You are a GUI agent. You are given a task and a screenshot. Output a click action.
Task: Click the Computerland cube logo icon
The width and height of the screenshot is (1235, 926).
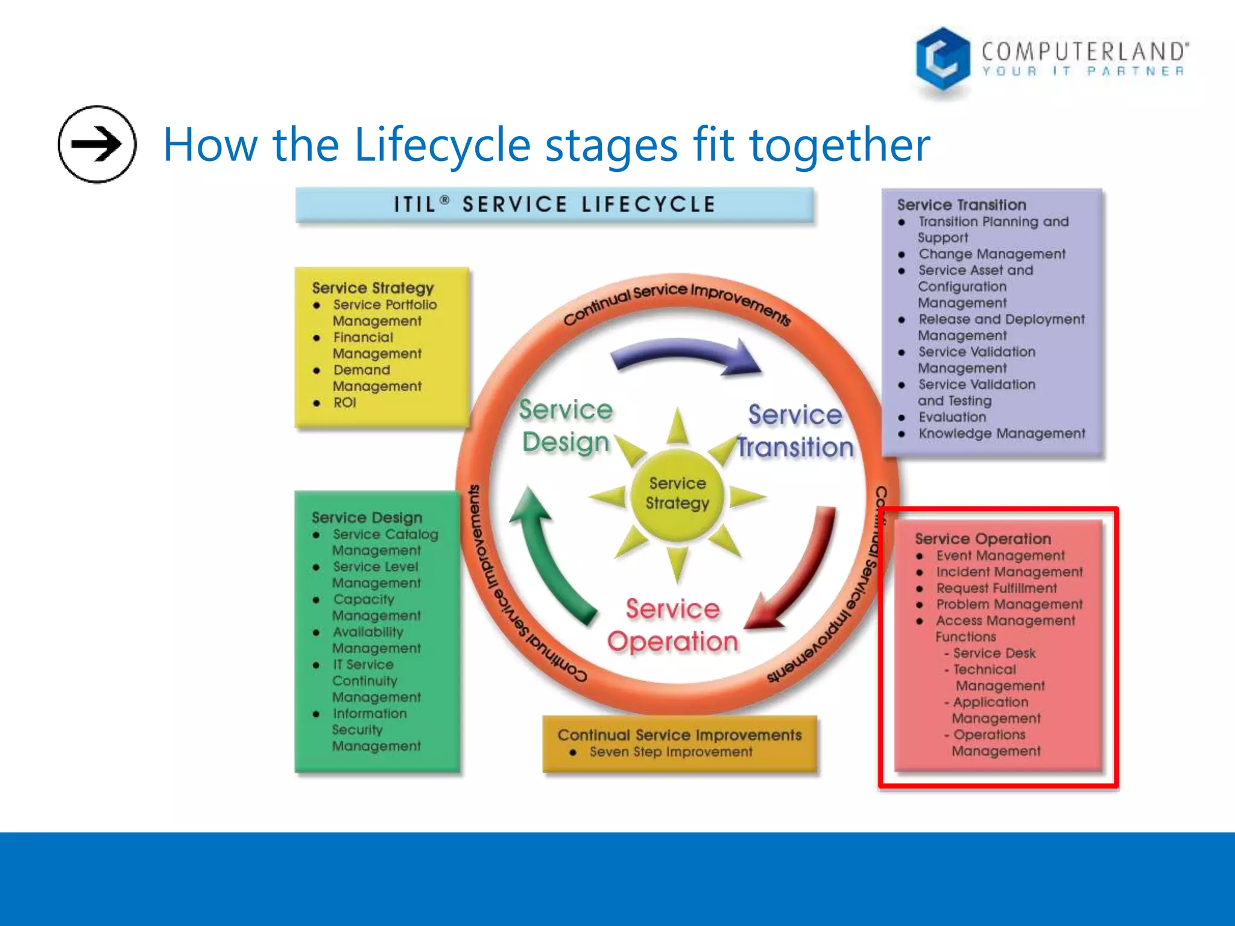click(942, 59)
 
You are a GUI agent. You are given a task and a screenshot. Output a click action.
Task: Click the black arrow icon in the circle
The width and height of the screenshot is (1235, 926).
click(96, 144)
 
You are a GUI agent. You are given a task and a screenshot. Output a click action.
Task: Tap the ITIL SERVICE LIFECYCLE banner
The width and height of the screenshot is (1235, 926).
click(554, 204)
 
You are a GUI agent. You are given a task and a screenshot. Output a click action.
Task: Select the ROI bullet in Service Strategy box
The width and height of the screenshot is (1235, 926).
click(344, 403)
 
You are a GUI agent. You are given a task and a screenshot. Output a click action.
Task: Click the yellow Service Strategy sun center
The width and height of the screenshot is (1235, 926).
click(677, 493)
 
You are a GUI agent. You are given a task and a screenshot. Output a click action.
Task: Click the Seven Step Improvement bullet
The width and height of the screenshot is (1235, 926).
click(671, 752)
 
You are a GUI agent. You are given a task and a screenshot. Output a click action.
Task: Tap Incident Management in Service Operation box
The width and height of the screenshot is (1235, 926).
click(1009, 572)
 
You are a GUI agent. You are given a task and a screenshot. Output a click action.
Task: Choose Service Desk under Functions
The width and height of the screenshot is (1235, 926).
click(994, 653)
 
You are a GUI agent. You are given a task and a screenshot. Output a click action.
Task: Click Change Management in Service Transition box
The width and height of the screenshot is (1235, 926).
click(991, 254)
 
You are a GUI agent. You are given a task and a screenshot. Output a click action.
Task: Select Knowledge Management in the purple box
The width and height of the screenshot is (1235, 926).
click(1001, 433)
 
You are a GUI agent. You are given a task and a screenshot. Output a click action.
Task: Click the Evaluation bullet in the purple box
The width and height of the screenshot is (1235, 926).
click(952, 417)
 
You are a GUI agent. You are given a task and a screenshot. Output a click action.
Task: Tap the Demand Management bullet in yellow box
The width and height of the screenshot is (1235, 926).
click(376, 378)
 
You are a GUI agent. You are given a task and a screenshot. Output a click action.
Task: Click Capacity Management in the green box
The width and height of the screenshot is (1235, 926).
click(376, 607)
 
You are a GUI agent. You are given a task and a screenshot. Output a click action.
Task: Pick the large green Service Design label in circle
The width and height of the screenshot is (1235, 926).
click(566, 426)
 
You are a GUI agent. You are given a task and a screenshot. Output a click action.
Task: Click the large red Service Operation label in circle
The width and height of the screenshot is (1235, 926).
click(672, 625)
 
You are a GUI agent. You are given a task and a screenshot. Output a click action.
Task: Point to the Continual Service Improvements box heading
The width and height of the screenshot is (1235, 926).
click(679, 735)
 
